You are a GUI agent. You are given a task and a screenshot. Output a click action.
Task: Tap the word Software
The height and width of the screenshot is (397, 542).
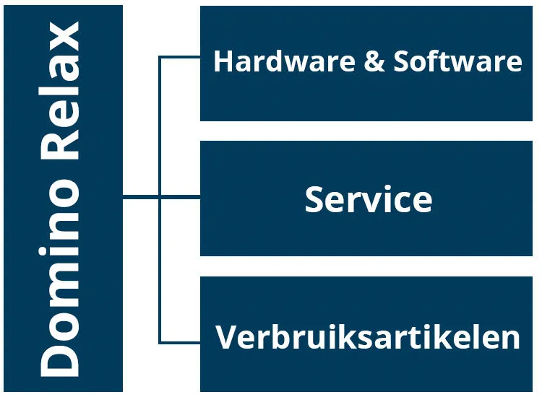pyautogui.click(x=457, y=61)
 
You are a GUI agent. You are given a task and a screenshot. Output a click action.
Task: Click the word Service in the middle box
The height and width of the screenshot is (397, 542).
pyautogui.click(x=368, y=199)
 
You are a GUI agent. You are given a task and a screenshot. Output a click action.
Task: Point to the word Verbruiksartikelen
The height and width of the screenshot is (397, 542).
pyautogui.click(x=368, y=337)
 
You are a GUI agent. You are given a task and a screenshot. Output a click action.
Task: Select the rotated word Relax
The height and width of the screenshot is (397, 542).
pyautogui.click(x=60, y=94)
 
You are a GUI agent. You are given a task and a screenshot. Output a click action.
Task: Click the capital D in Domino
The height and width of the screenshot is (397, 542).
pyautogui.click(x=60, y=358)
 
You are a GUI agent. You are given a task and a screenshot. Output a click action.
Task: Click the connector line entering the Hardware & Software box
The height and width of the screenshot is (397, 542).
pyautogui.click(x=181, y=57)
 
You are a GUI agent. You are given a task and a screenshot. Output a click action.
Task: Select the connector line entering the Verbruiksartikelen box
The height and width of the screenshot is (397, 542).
pyautogui.click(x=181, y=341)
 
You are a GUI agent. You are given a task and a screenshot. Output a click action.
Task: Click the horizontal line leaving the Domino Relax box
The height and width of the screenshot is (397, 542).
pyautogui.click(x=141, y=196)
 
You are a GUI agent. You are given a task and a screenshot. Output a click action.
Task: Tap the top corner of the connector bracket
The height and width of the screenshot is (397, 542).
pyautogui.click(x=160, y=57)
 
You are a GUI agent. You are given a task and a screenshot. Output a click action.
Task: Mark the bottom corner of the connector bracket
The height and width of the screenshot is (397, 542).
pyautogui.click(x=160, y=341)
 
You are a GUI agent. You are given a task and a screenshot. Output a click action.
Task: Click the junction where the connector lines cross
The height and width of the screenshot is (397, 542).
pyautogui.click(x=160, y=196)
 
